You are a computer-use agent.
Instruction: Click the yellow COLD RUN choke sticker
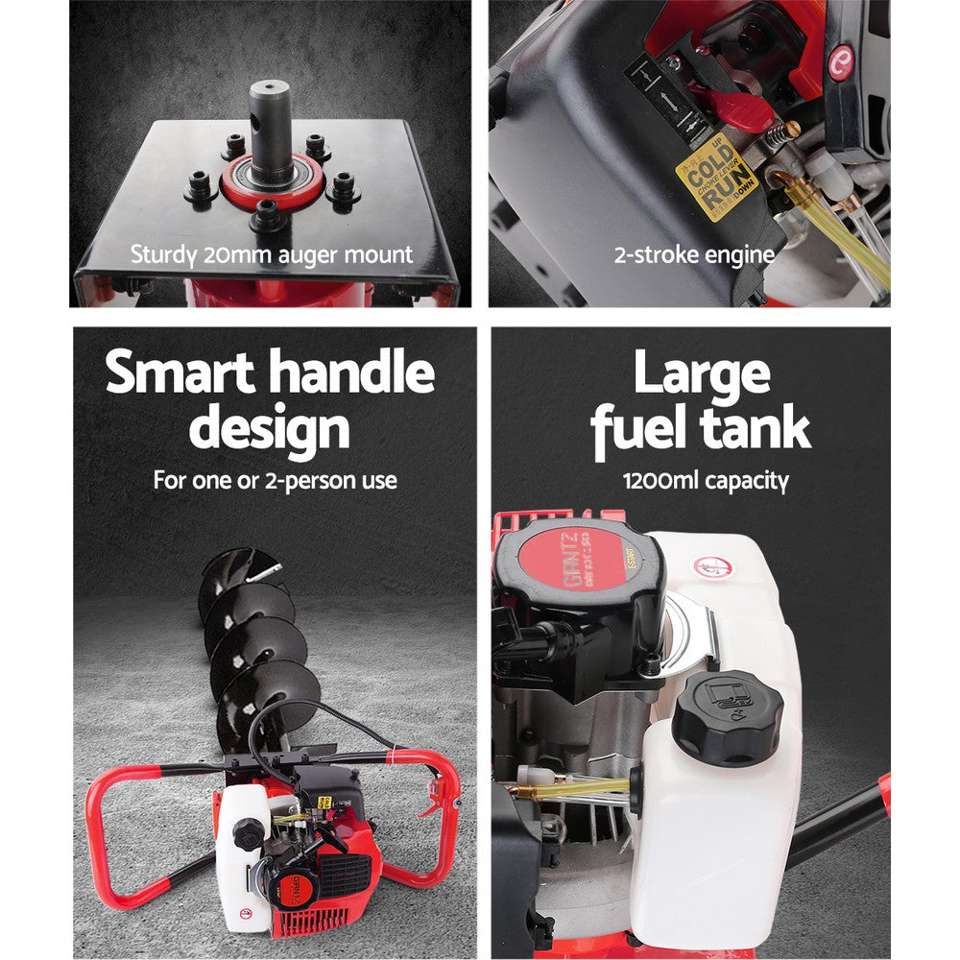[x=716, y=179]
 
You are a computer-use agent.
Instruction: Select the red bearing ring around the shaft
[x=270, y=184]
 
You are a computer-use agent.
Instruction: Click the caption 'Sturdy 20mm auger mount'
[x=272, y=255]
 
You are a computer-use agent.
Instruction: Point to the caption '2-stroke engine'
[x=693, y=255]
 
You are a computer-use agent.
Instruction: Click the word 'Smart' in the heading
[x=180, y=372]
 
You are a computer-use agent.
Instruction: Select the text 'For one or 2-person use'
[x=275, y=481]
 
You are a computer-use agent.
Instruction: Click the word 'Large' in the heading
[x=702, y=372]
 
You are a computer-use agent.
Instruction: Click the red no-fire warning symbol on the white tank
[x=709, y=567]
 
